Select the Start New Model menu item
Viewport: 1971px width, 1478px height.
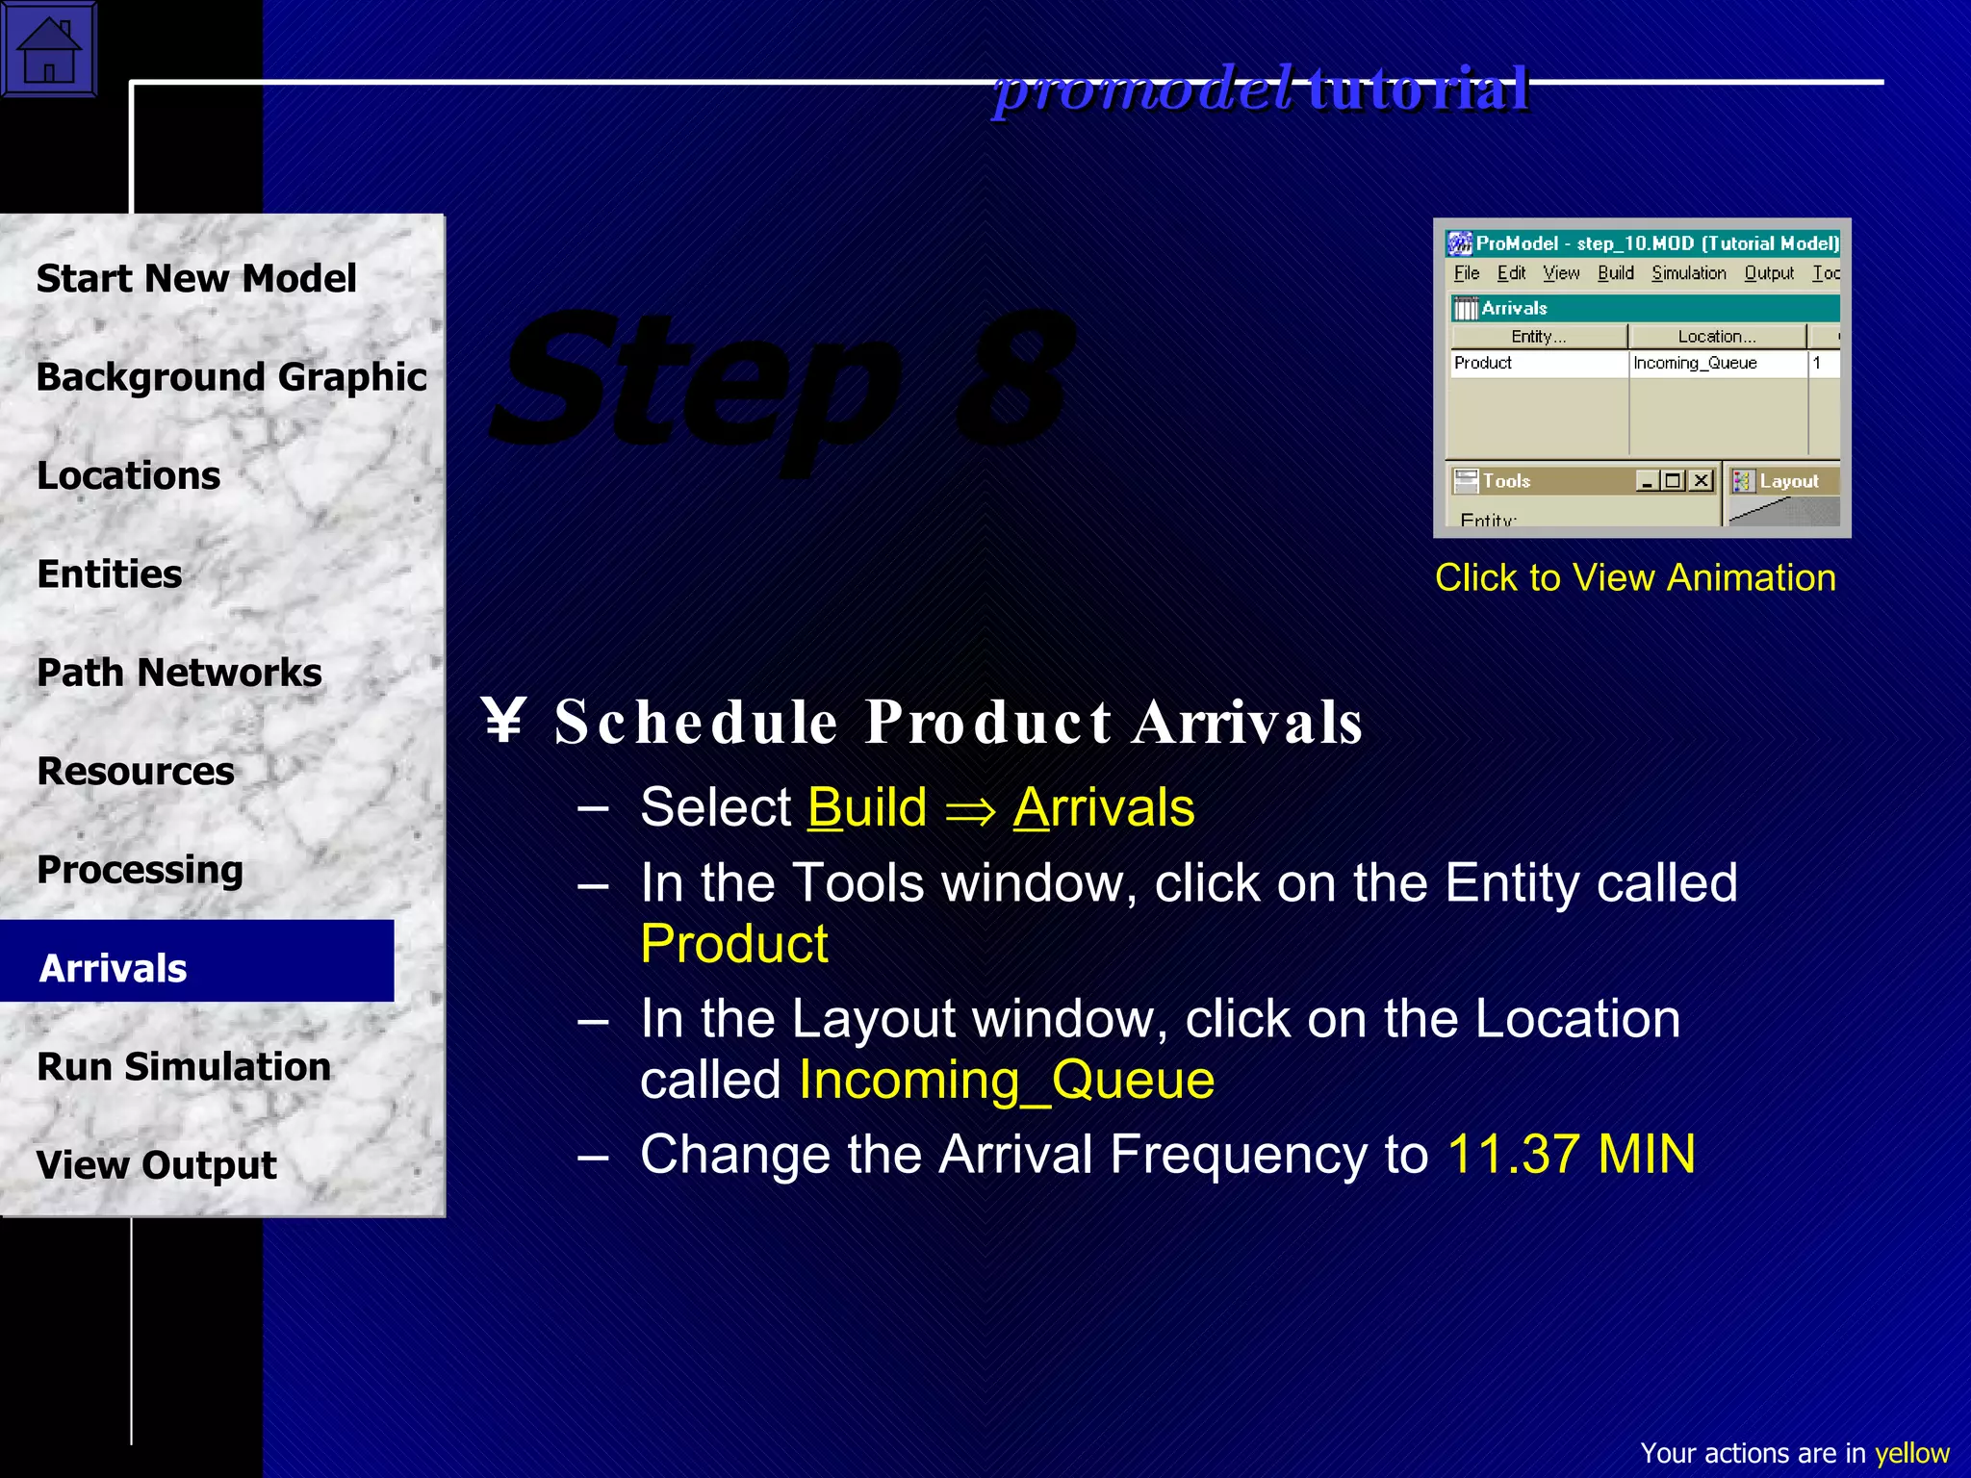[196, 278]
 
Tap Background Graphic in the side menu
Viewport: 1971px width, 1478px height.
[231, 376]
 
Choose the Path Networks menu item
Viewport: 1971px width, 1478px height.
[179, 672]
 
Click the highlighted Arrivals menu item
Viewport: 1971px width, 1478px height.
[114, 967]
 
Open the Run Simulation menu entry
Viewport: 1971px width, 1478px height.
[183, 1066]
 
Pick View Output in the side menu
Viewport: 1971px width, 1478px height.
[156, 1164]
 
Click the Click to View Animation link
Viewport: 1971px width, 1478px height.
[1635, 577]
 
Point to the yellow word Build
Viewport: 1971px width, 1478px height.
[866, 806]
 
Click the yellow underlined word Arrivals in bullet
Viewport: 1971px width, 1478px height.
[1103, 806]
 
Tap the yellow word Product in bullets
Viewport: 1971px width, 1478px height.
[733, 943]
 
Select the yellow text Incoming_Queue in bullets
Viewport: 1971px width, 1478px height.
[1007, 1080]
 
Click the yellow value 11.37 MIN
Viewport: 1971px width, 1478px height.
[1571, 1154]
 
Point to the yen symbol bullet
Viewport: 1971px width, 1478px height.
[503, 721]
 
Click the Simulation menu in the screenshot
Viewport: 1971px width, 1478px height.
[1688, 273]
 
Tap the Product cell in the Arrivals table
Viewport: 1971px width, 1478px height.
[1483, 363]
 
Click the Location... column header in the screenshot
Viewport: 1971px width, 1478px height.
[1716, 336]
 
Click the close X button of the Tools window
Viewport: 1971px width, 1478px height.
[1702, 480]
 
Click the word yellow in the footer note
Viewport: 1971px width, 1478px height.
[1911, 1453]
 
